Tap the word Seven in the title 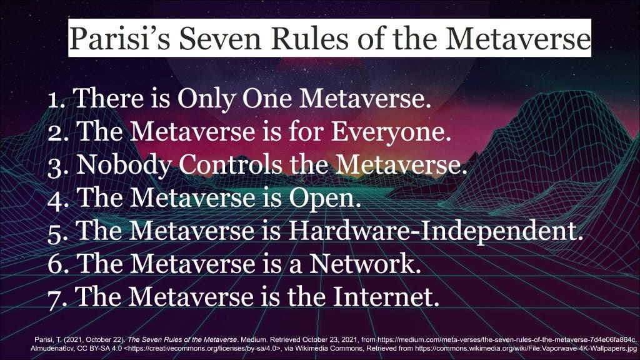pyautogui.click(x=220, y=39)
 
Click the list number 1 pyautogui.click(x=56, y=99)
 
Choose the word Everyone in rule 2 pyautogui.click(x=391, y=132)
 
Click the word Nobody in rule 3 pyautogui.click(x=124, y=165)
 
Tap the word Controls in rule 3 pyautogui.click(x=231, y=164)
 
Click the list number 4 pyautogui.click(x=56, y=199)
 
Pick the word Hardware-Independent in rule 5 pyautogui.click(x=436, y=231)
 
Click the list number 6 pyautogui.click(x=56, y=264)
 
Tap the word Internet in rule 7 pyautogui.click(x=386, y=296)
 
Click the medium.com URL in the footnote pyautogui.click(x=506, y=339)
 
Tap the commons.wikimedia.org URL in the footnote pyautogui.click(x=526, y=349)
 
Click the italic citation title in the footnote pyautogui.click(x=183, y=339)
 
